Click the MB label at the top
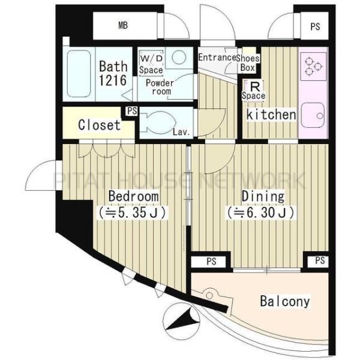(x=122, y=26)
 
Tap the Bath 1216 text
(x=113, y=73)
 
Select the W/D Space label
(x=151, y=63)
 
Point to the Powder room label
(x=160, y=87)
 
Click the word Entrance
(x=217, y=58)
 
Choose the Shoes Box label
(x=247, y=62)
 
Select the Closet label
(x=99, y=126)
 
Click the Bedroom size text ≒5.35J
(x=133, y=212)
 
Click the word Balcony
(x=285, y=301)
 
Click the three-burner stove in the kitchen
(x=313, y=65)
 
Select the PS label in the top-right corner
(x=314, y=26)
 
